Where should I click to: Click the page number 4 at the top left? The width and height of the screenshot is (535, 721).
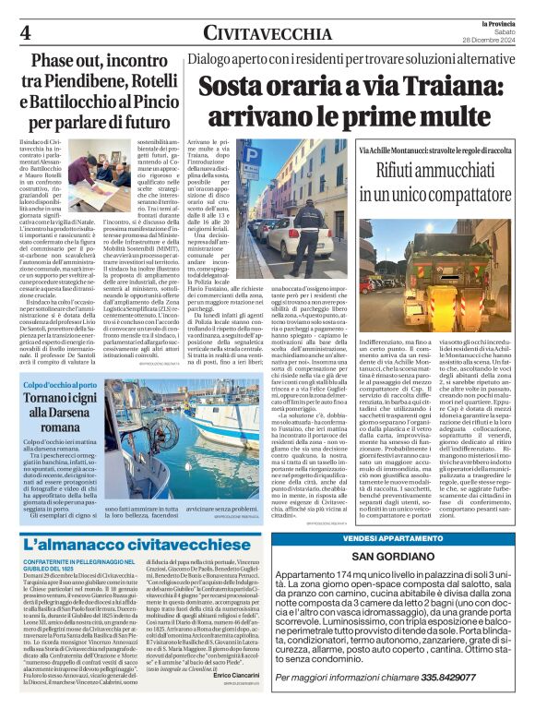click(x=25, y=31)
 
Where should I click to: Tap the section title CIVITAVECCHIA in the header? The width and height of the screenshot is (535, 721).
click(x=267, y=33)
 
